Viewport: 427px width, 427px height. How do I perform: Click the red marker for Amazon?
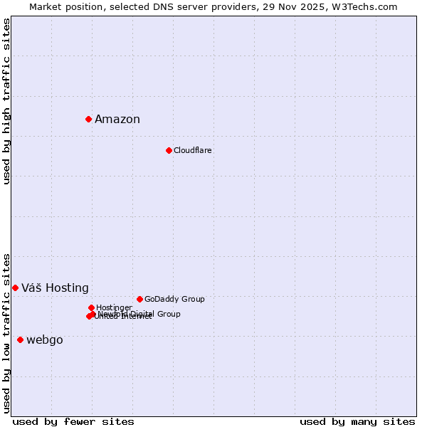[x=88, y=119]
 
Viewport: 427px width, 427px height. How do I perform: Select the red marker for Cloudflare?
[x=169, y=150]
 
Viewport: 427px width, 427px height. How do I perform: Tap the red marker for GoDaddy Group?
[x=139, y=299]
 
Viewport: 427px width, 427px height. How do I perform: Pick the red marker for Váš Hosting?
[x=15, y=288]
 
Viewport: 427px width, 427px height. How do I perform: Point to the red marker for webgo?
[x=20, y=339]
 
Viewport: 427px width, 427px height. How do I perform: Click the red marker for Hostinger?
[x=91, y=307]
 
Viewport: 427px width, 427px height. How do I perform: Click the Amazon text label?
[x=117, y=120]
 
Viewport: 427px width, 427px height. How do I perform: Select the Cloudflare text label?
[x=193, y=151]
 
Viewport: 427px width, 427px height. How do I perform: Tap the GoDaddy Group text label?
[x=174, y=300]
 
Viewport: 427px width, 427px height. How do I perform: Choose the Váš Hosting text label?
[x=55, y=288]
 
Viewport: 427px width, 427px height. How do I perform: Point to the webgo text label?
[x=45, y=340]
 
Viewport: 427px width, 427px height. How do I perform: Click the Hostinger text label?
[x=114, y=307]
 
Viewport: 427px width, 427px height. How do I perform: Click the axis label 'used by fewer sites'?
[x=73, y=421]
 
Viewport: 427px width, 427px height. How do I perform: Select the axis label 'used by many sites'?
[x=357, y=421]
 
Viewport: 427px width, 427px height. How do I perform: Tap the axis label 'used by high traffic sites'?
[x=6, y=101]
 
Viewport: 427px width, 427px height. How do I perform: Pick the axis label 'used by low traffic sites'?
[x=6, y=332]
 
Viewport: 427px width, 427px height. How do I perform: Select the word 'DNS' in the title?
[x=164, y=6]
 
